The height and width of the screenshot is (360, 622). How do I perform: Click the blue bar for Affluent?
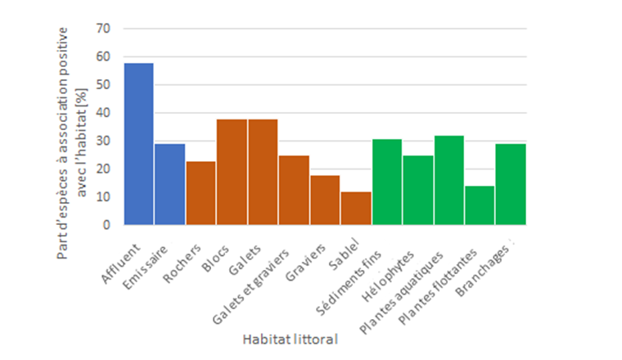[x=139, y=144]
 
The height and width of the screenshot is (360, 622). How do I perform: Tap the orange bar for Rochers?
[x=201, y=192]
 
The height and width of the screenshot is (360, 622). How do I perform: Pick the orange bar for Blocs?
[x=232, y=172]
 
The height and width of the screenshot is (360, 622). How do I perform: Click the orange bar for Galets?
[x=263, y=172]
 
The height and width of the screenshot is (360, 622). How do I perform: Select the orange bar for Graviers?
[x=325, y=200]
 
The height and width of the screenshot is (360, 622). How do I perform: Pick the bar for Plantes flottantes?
[x=480, y=205]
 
